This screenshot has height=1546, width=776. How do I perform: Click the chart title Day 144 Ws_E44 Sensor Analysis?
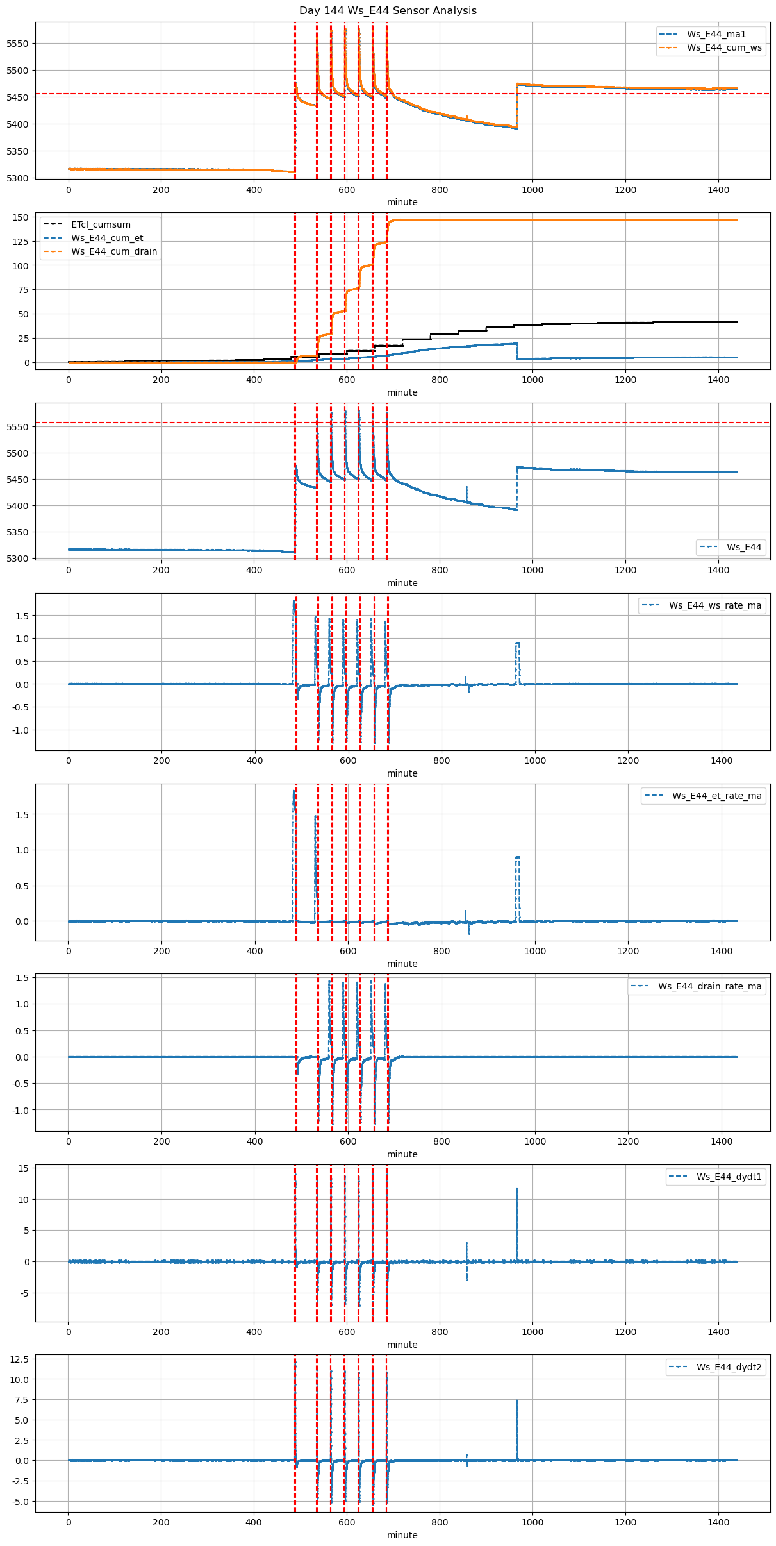pyautogui.click(x=388, y=10)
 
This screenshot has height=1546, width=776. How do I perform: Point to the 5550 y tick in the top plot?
pyautogui.click(x=17, y=44)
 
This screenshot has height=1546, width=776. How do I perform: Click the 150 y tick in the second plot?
pyautogui.click(x=21, y=217)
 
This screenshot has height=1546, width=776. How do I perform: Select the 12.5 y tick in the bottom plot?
pyautogui.click(x=19, y=1359)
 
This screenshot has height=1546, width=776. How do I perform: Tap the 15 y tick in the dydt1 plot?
pyautogui.click(x=24, y=1168)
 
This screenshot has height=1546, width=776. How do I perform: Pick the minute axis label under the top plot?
pyautogui.click(x=402, y=202)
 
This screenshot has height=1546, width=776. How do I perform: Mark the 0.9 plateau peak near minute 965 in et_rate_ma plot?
pyautogui.click(x=517, y=857)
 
